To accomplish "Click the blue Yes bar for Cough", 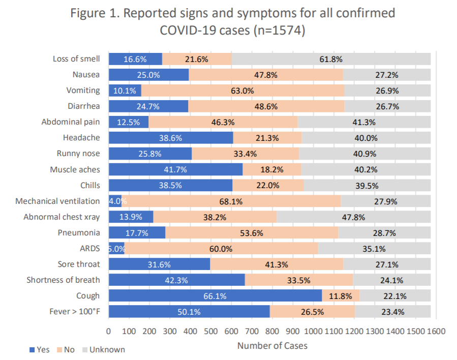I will (215, 296).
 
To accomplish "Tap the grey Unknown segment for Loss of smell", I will (331, 59).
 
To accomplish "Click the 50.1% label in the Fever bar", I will (189, 312).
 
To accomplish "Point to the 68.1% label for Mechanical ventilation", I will (231, 201).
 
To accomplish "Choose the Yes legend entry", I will (40, 349).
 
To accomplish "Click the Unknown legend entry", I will (103, 349).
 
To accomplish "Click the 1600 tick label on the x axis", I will (436, 332).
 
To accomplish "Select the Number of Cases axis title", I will (272, 346).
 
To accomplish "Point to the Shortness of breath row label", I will (64, 280).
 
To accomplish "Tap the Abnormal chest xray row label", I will (62, 217).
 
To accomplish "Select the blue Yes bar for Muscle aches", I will (175, 169).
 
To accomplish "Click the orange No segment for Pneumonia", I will (252, 233).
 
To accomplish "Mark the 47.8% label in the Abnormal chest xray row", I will (353, 217).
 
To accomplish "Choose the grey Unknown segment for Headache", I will (366, 138).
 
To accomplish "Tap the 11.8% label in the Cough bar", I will (341, 296).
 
